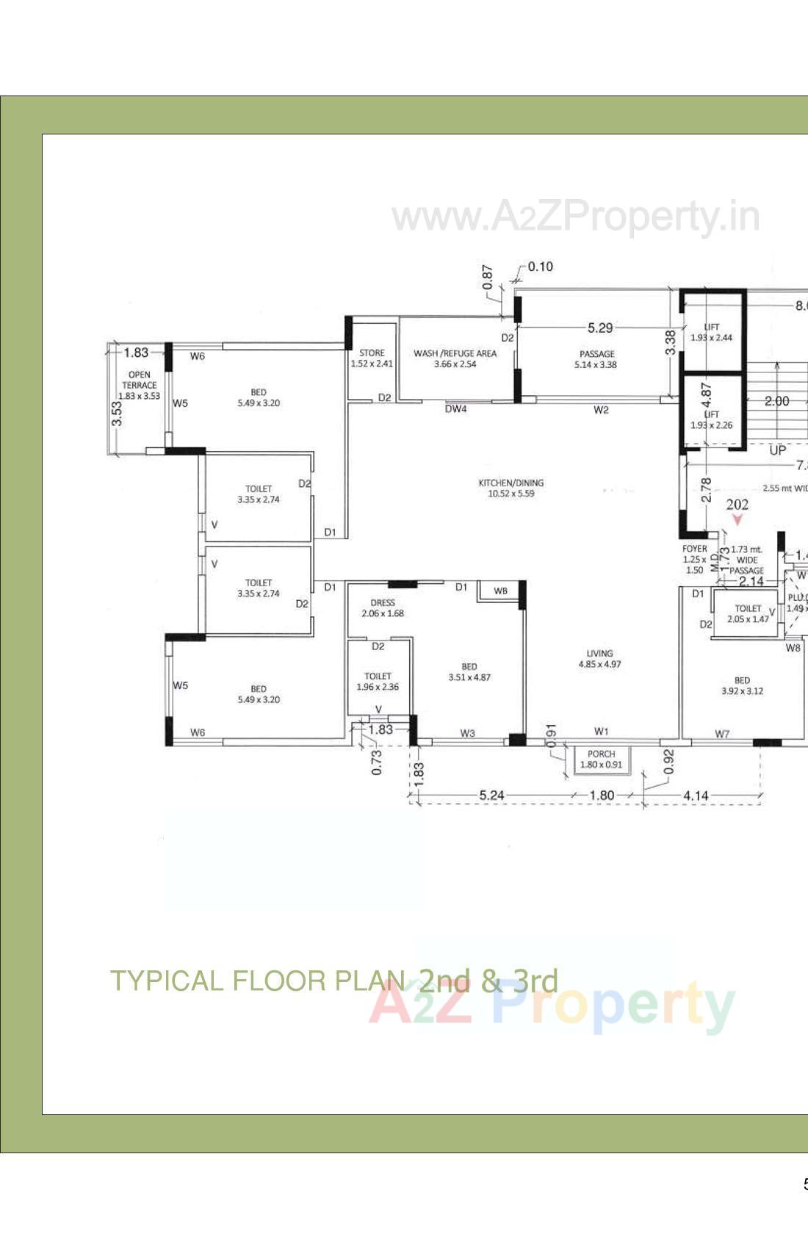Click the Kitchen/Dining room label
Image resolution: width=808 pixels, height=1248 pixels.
[x=511, y=488]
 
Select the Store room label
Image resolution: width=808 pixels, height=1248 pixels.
[x=372, y=358]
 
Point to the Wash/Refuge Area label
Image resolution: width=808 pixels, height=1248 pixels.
[x=455, y=358]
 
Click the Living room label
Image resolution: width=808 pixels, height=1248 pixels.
[x=599, y=658]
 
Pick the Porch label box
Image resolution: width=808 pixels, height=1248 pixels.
[x=601, y=759]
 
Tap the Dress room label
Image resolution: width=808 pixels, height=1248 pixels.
[x=383, y=607]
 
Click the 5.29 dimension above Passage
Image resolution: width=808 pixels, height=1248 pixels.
[x=600, y=328]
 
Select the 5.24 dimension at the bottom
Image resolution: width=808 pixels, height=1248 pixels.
[x=491, y=795]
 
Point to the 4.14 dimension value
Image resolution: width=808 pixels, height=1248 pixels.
[x=696, y=795]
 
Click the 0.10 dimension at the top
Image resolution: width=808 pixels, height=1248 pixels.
[x=540, y=267]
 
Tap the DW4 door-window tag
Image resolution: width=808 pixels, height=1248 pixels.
[x=455, y=409]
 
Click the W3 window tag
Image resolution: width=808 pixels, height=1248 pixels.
[x=467, y=732]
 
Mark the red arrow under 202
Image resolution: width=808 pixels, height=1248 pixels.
[x=737, y=519]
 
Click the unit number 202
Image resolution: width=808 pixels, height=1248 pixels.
[x=737, y=505]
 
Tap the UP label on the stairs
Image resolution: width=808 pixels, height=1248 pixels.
[x=777, y=450]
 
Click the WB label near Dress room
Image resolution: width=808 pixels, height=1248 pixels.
[x=500, y=591]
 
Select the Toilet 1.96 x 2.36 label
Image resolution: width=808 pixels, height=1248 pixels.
[x=378, y=681]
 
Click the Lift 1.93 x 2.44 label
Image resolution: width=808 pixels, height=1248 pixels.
[x=711, y=332]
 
